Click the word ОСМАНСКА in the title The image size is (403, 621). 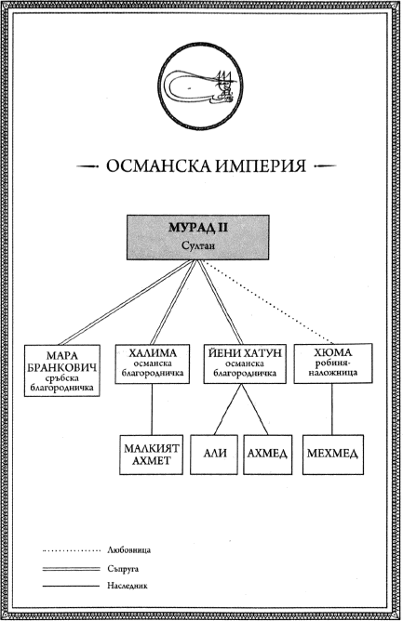pyautogui.click(x=158, y=166)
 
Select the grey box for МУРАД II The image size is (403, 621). pyautogui.click(x=198, y=237)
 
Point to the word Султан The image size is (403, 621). pyautogui.click(x=198, y=245)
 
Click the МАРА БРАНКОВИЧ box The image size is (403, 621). pyautogui.click(x=61, y=370)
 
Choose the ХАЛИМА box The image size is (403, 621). pyautogui.click(x=153, y=363)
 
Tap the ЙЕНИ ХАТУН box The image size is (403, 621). pyautogui.click(x=245, y=363)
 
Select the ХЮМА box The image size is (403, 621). pyautogui.click(x=333, y=363)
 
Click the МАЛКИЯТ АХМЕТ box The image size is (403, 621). pyautogui.click(x=152, y=455)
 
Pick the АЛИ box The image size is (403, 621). pyautogui.click(x=214, y=455)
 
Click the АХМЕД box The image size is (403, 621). pyautogui.click(x=268, y=455)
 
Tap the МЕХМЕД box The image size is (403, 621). pyautogui.click(x=333, y=455)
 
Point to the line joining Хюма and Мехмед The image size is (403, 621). pyautogui.click(x=332, y=409)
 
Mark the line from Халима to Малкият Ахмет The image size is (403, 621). pyautogui.click(x=152, y=409)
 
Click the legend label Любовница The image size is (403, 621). pyautogui.click(x=129, y=550)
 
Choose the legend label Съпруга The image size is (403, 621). pyautogui.click(x=123, y=569)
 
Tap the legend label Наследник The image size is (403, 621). pyautogui.click(x=128, y=586)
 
